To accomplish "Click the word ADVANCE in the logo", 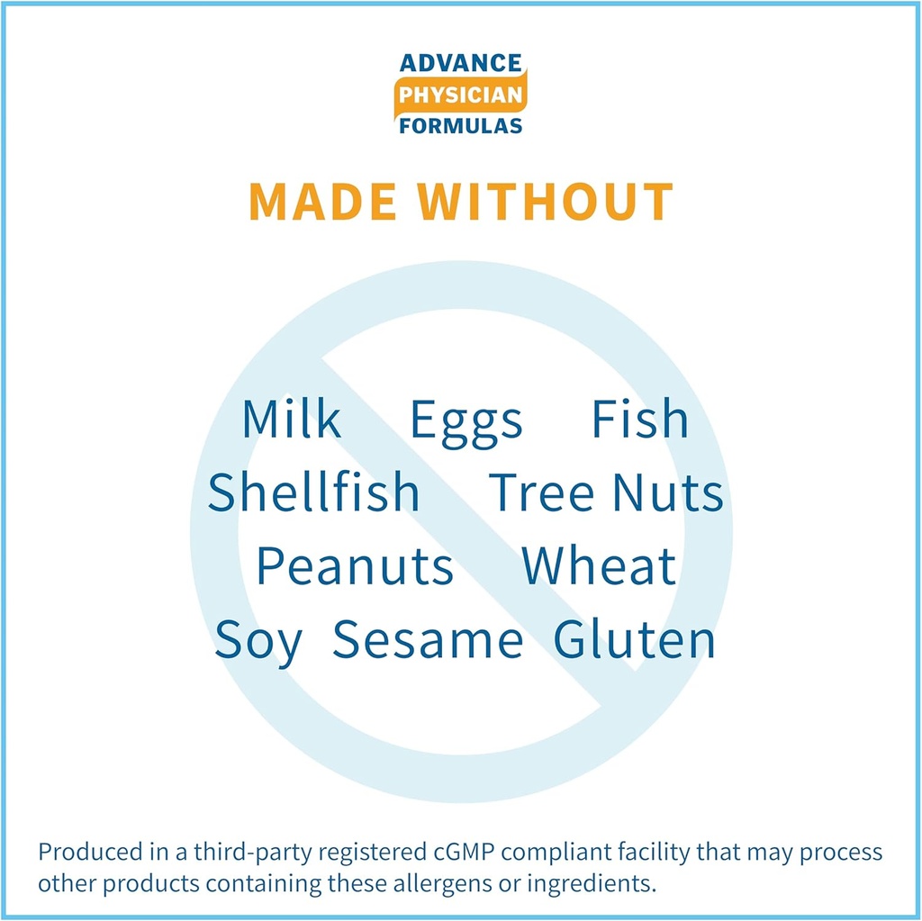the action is [x=460, y=63].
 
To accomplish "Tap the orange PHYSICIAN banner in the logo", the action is [x=460, y=95].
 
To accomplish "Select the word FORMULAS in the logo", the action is [x=460, y=126].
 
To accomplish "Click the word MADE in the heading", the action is [x=323, y=201].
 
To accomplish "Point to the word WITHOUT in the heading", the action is [x=545, y=201].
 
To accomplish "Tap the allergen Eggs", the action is [x=466, y=423].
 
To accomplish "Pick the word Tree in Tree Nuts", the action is [x=541, y=492].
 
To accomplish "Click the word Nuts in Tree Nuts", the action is [x=667, y=492].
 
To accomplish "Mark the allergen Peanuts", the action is [x=355, y=565].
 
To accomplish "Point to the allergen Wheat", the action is [x=599, y=565].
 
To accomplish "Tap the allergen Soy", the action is [x=258, y=643].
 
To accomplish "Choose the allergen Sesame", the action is [x=428, y=639].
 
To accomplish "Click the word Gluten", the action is [x=635, y=638].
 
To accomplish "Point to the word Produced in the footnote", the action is [x=82, y=852].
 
